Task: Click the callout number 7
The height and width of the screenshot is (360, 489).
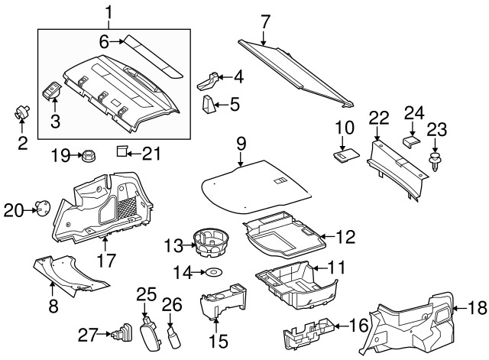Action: click(x=264, y=22)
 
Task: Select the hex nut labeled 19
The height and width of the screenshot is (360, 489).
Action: click(x=89, y=155)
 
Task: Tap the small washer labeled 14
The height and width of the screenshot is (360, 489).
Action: click(x=213, y=272)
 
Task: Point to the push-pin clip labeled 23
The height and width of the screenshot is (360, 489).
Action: click(x=435, y=161)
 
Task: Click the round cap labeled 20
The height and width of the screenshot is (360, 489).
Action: click(x=43, y=207)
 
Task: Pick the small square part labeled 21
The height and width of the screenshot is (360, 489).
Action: click(x=121, y=151)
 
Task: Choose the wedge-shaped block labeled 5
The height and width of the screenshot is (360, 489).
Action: click(x=209, y=105)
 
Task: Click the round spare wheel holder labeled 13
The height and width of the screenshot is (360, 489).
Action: click(x=211, y=242)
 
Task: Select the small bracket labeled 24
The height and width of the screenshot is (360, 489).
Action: click(x=411, y=141)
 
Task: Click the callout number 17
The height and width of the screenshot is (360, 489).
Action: click(x=106, y=261)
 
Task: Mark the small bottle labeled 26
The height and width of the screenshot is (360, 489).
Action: click(x=174, y=335)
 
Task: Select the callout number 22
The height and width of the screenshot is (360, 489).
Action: click(x=379, y=118)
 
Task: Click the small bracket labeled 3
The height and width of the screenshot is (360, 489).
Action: click(x=52, y=91)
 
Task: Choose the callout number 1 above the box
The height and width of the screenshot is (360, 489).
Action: click(x=108, y=13)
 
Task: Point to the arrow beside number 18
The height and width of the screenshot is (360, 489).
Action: click(x=458, y=308)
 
